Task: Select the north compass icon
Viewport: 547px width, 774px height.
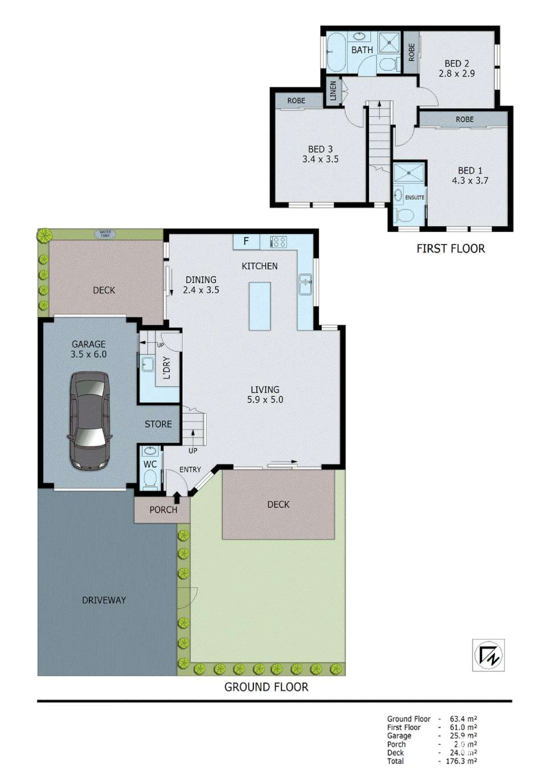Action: click(488, 655)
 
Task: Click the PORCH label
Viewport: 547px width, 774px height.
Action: click(163, 510)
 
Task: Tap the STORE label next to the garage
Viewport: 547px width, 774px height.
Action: click(158, 424)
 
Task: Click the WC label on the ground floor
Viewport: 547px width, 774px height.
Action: click(150, 464)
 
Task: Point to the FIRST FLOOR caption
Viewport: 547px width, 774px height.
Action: click(451, 248)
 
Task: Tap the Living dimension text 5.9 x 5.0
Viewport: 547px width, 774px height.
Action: click(265, 400)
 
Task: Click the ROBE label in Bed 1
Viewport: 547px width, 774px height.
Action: click(464, 119)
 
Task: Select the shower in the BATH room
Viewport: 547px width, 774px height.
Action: click(389, 43)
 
